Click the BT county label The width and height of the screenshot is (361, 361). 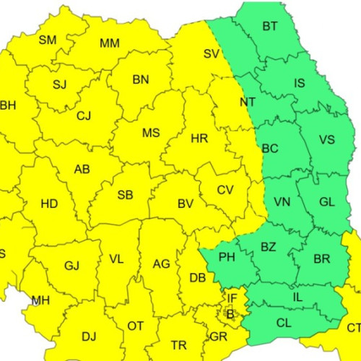pyautogui.click(x=270, y=27)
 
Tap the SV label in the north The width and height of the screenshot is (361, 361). pyautogui.click(x=211, y=53)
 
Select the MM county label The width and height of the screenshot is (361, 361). pyautogui.click(x=110, y=43)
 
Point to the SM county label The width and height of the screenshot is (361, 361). pyautogui.click(x=48, y=40)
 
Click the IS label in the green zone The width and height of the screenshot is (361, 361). pyautogui.click(x=300, y=83)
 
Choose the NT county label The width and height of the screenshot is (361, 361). pyautogui.click(x=247, y=102)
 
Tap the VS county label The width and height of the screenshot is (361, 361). pyautogui.click(x=326, y=140)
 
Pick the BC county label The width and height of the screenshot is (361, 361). pyautogui.click(x=270, y=149)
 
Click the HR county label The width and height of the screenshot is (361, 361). pyautogui.click(x=199, y=138)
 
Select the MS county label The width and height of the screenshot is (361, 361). pyautogui.click(x=151, y=133)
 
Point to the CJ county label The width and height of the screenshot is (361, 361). pyautogui.click(x=84, y=116)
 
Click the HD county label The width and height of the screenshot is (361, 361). pyautogui.click(x=49, y=204)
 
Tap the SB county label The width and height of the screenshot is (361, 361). pyautogui.click(x=125, y=195)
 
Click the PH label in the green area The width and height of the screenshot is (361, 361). pyautogui.click(x=227, y=256)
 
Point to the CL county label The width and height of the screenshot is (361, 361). pyautogui.click(x=284, y=323)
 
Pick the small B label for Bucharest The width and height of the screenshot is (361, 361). pyautogui.click(x=230, y=314)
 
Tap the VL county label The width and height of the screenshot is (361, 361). pyautogui.click(x=116, y=258)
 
